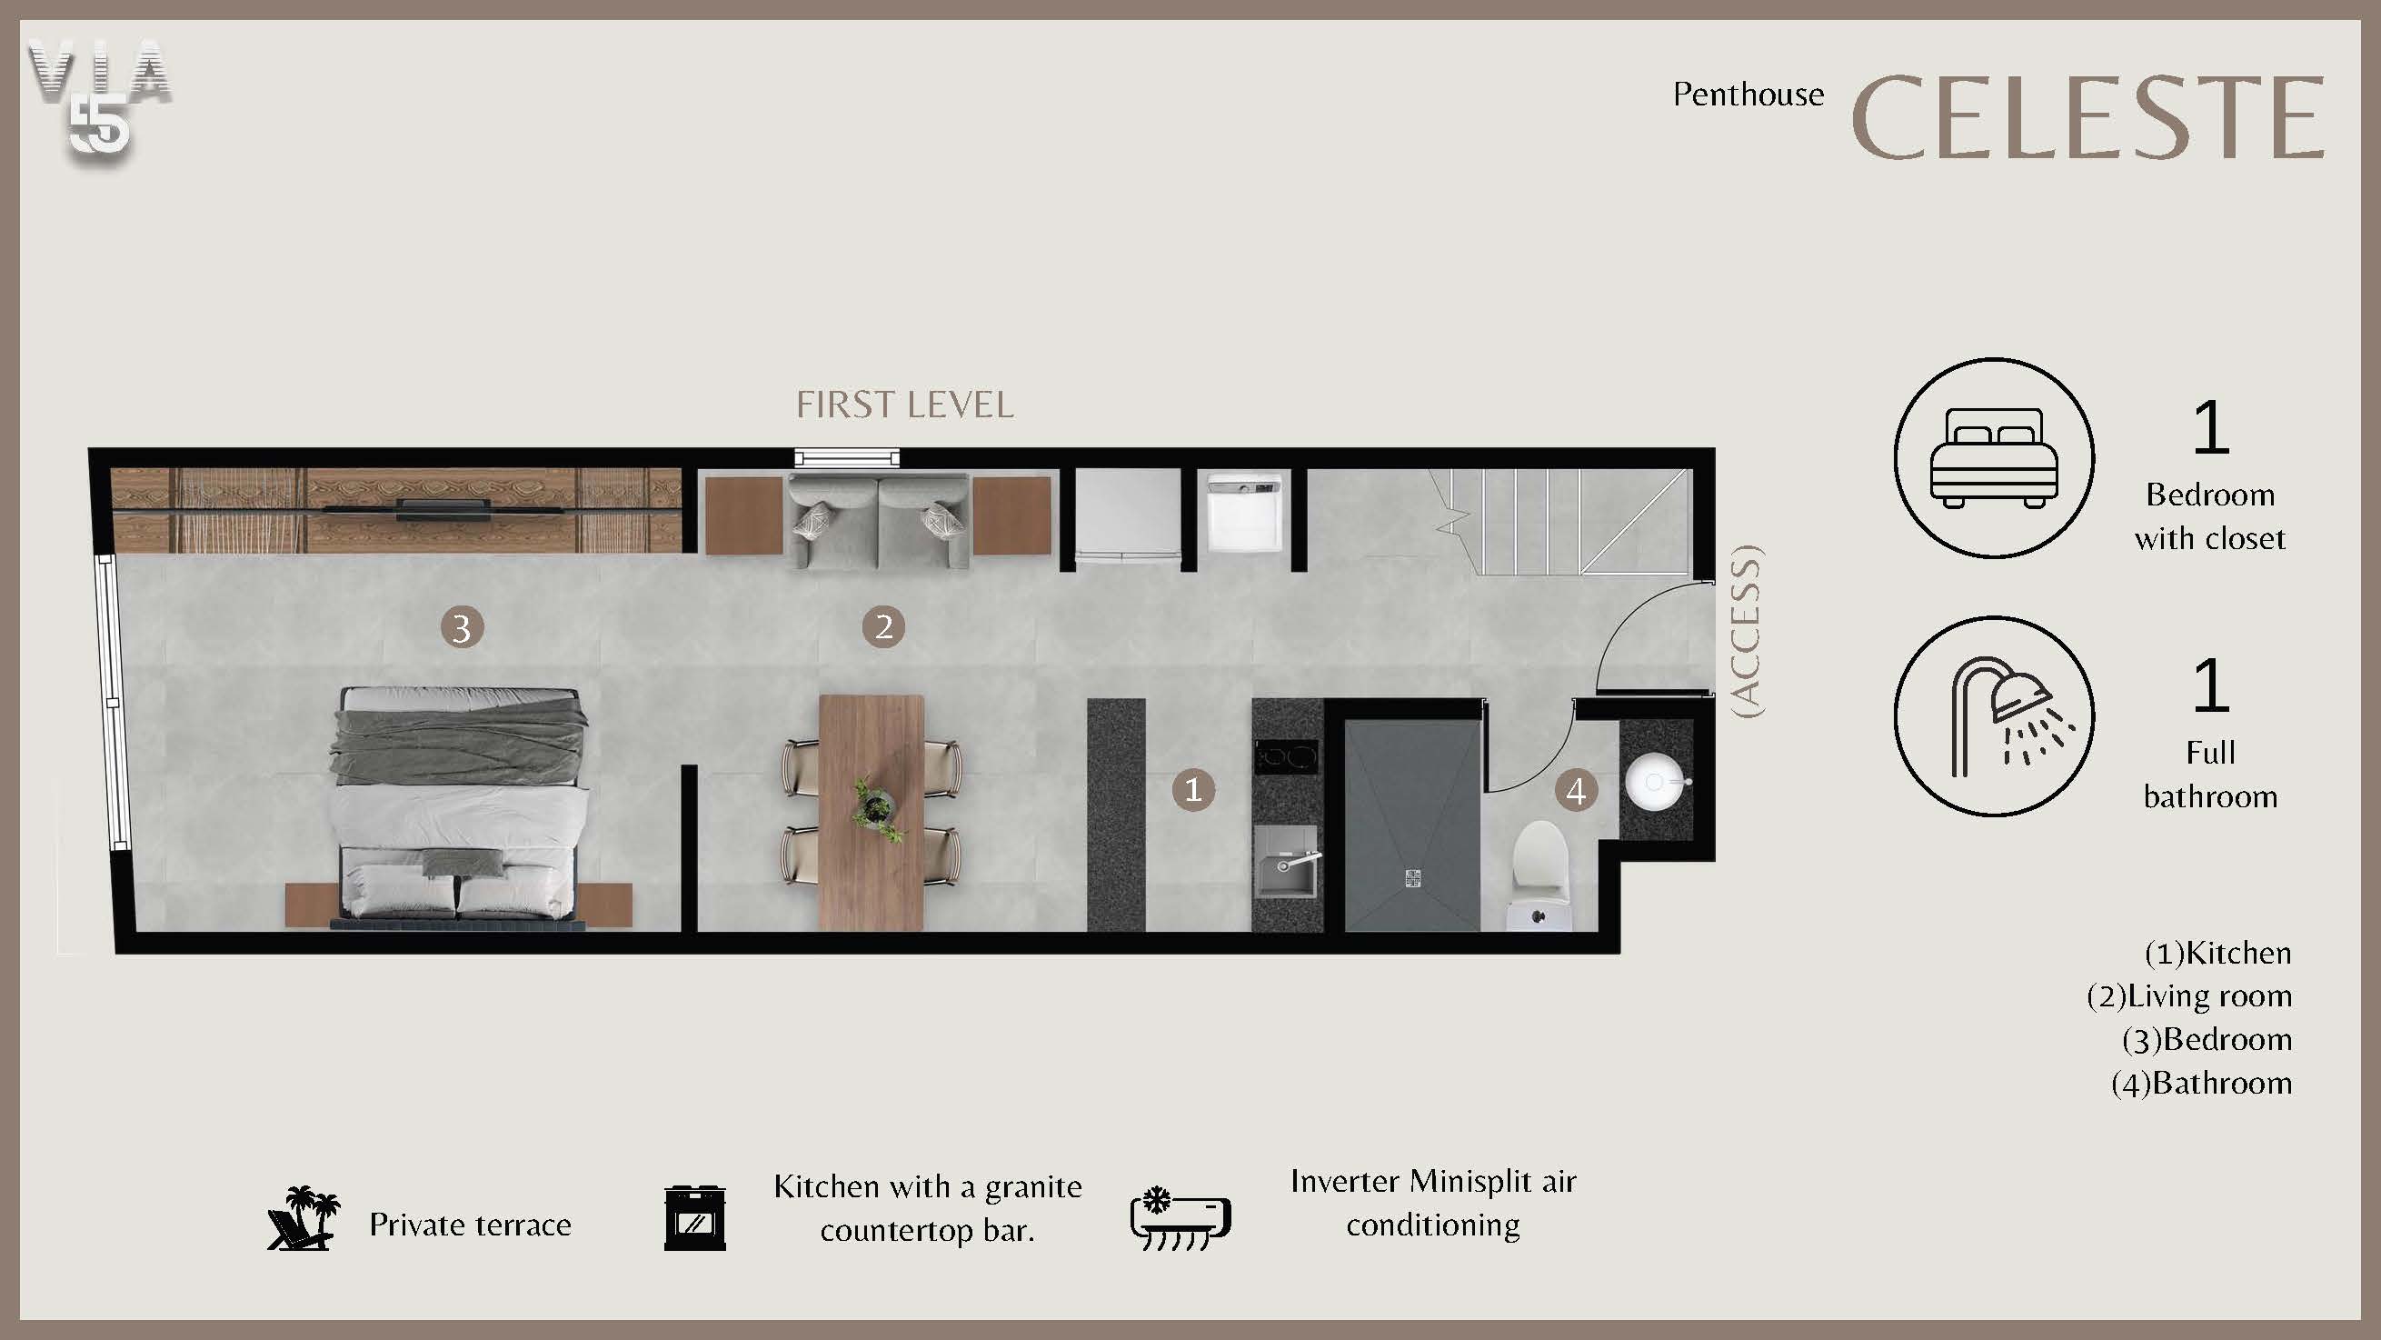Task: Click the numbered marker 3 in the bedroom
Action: [463, 627]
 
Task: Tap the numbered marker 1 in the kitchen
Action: [1193, 790]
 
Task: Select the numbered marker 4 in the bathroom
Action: [1576, 791]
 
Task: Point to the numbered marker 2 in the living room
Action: [883, 626]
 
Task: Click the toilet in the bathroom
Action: [1539, 875]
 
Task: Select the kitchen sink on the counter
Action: [1287, 862]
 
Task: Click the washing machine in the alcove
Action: [1244, 515]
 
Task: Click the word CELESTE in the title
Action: [2088, 117]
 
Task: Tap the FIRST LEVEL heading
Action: [905, 405]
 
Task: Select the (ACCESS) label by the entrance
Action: [1747, 632]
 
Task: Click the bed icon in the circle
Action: [1994, 458]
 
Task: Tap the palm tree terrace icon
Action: [304, 1218]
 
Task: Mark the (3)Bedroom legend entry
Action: [2207, 1039]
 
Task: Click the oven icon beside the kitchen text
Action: [695, 1219]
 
